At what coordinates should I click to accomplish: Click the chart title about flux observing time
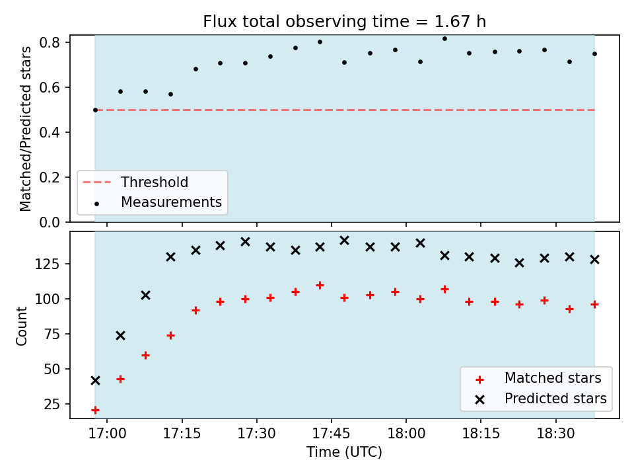(344, 21)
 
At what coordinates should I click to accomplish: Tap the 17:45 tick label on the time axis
(331, 434)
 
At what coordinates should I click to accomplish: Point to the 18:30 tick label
(555, 434)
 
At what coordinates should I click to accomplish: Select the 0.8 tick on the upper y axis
(50, 42)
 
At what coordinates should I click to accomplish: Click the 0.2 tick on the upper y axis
(50, 177)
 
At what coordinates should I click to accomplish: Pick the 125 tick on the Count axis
(48, 264)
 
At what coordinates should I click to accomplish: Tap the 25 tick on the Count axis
(52, 405)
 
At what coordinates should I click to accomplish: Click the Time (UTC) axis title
(344, 452)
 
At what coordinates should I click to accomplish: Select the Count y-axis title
(21, 326)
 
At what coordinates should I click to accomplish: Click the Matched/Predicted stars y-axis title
(25, 129)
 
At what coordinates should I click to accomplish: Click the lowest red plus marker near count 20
(95, 410)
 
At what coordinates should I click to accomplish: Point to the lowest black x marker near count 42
(95, 381)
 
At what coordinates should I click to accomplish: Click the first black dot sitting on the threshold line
(95, 110)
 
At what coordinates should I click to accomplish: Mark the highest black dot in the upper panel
(444, 39)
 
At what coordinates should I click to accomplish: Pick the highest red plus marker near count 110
(320, 286)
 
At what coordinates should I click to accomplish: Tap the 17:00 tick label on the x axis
(107, 434)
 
